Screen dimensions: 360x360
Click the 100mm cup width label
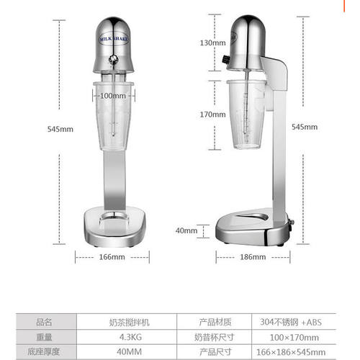pyautogui.click(x=113, y=96)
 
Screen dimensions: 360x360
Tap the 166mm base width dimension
pyautogui.click(x=112, y=257)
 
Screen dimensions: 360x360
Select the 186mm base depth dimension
pyautogui.click(x=253, y=257)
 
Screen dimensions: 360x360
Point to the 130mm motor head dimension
pyautogui.click(x=212, y=43)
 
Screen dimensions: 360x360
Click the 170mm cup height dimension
pyautogui.click(x=212, y=114)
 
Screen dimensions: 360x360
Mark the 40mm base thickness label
pyautogui.click(x=186, y=230)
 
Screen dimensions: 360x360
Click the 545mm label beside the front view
pyautogui.click(x=60, y=129)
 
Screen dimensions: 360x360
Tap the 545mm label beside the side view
pyautogui.click(x=305, y=127)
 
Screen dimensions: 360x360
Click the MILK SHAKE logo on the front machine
pyautogui.click(x=114, y=39)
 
